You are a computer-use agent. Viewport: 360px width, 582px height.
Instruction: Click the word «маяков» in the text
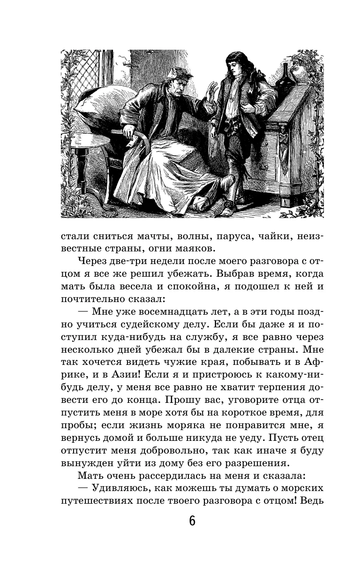[191, 248]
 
